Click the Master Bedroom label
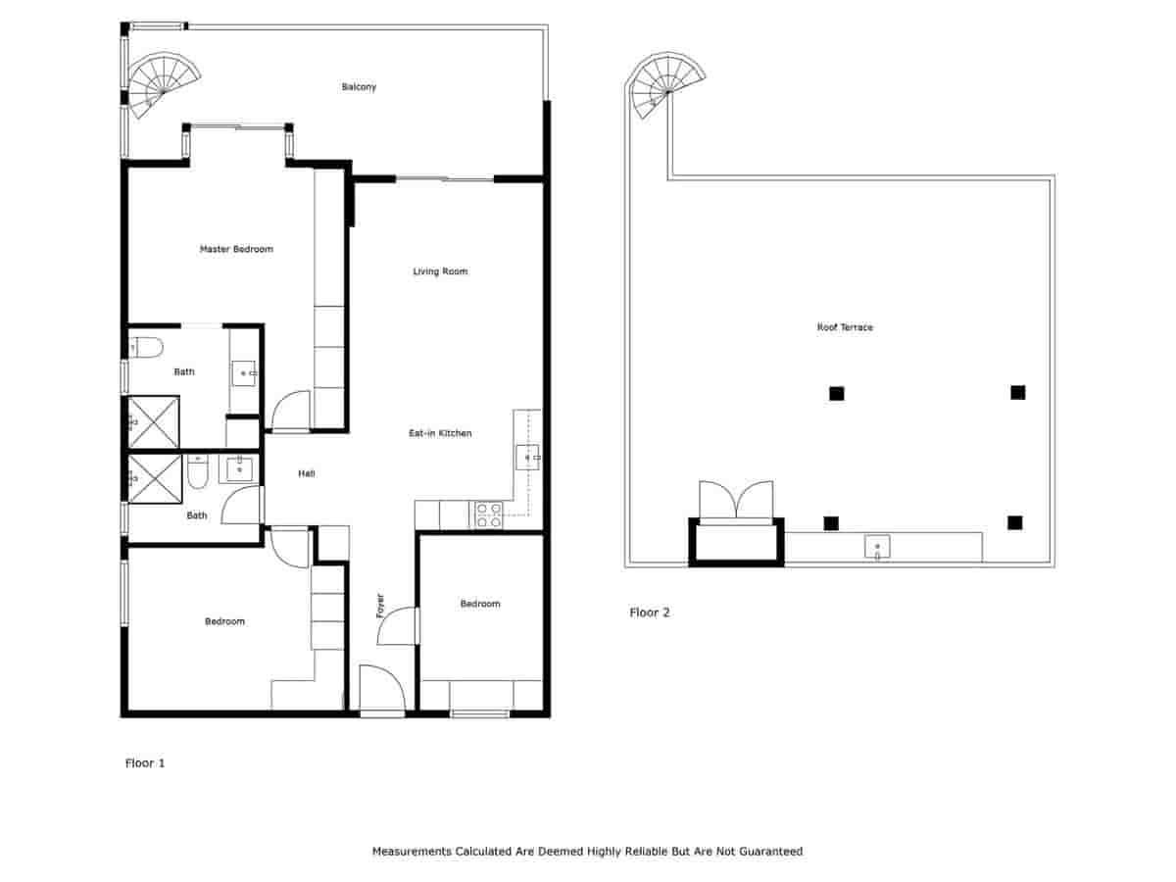click(x=236, y=249)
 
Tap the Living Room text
click(x=440, y=271)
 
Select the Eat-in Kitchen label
click(x=441, y=433)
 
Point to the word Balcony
click(x=359, y=87)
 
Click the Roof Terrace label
click(x=845, y=327)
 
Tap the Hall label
click(x=307, y=474)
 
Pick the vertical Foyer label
click(x=380, y=606)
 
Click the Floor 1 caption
click(x=145, y=762)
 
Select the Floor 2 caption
click(x=649, y=612)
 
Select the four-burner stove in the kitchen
click(x=489, y=515)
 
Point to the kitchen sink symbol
click(x=527, y=457)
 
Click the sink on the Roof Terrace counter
click(x=877, y=547)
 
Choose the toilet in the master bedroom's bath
click(x=146, y=347)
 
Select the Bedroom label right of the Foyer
click(x=480, y=604)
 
